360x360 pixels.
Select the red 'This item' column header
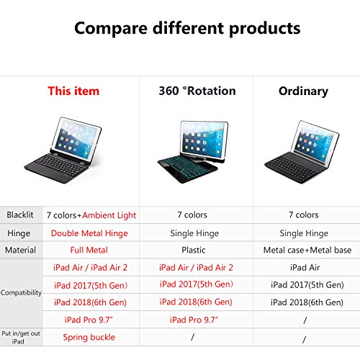coord(73,91)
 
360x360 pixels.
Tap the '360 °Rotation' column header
coord(197,91)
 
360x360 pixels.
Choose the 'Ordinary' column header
coord(303,91)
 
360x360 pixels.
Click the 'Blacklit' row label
coord(20,215)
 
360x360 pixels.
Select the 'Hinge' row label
coord(20,233)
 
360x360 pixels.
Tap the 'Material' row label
coord(20,250)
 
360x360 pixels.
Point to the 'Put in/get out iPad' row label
coord(20,337)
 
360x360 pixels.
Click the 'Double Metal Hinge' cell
coord(89,233)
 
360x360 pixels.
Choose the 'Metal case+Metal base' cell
coord(303,250)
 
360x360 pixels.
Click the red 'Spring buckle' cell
coord(89,337)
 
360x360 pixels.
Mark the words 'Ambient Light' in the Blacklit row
coord(109,215)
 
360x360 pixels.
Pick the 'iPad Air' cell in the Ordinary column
coord(303,267)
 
